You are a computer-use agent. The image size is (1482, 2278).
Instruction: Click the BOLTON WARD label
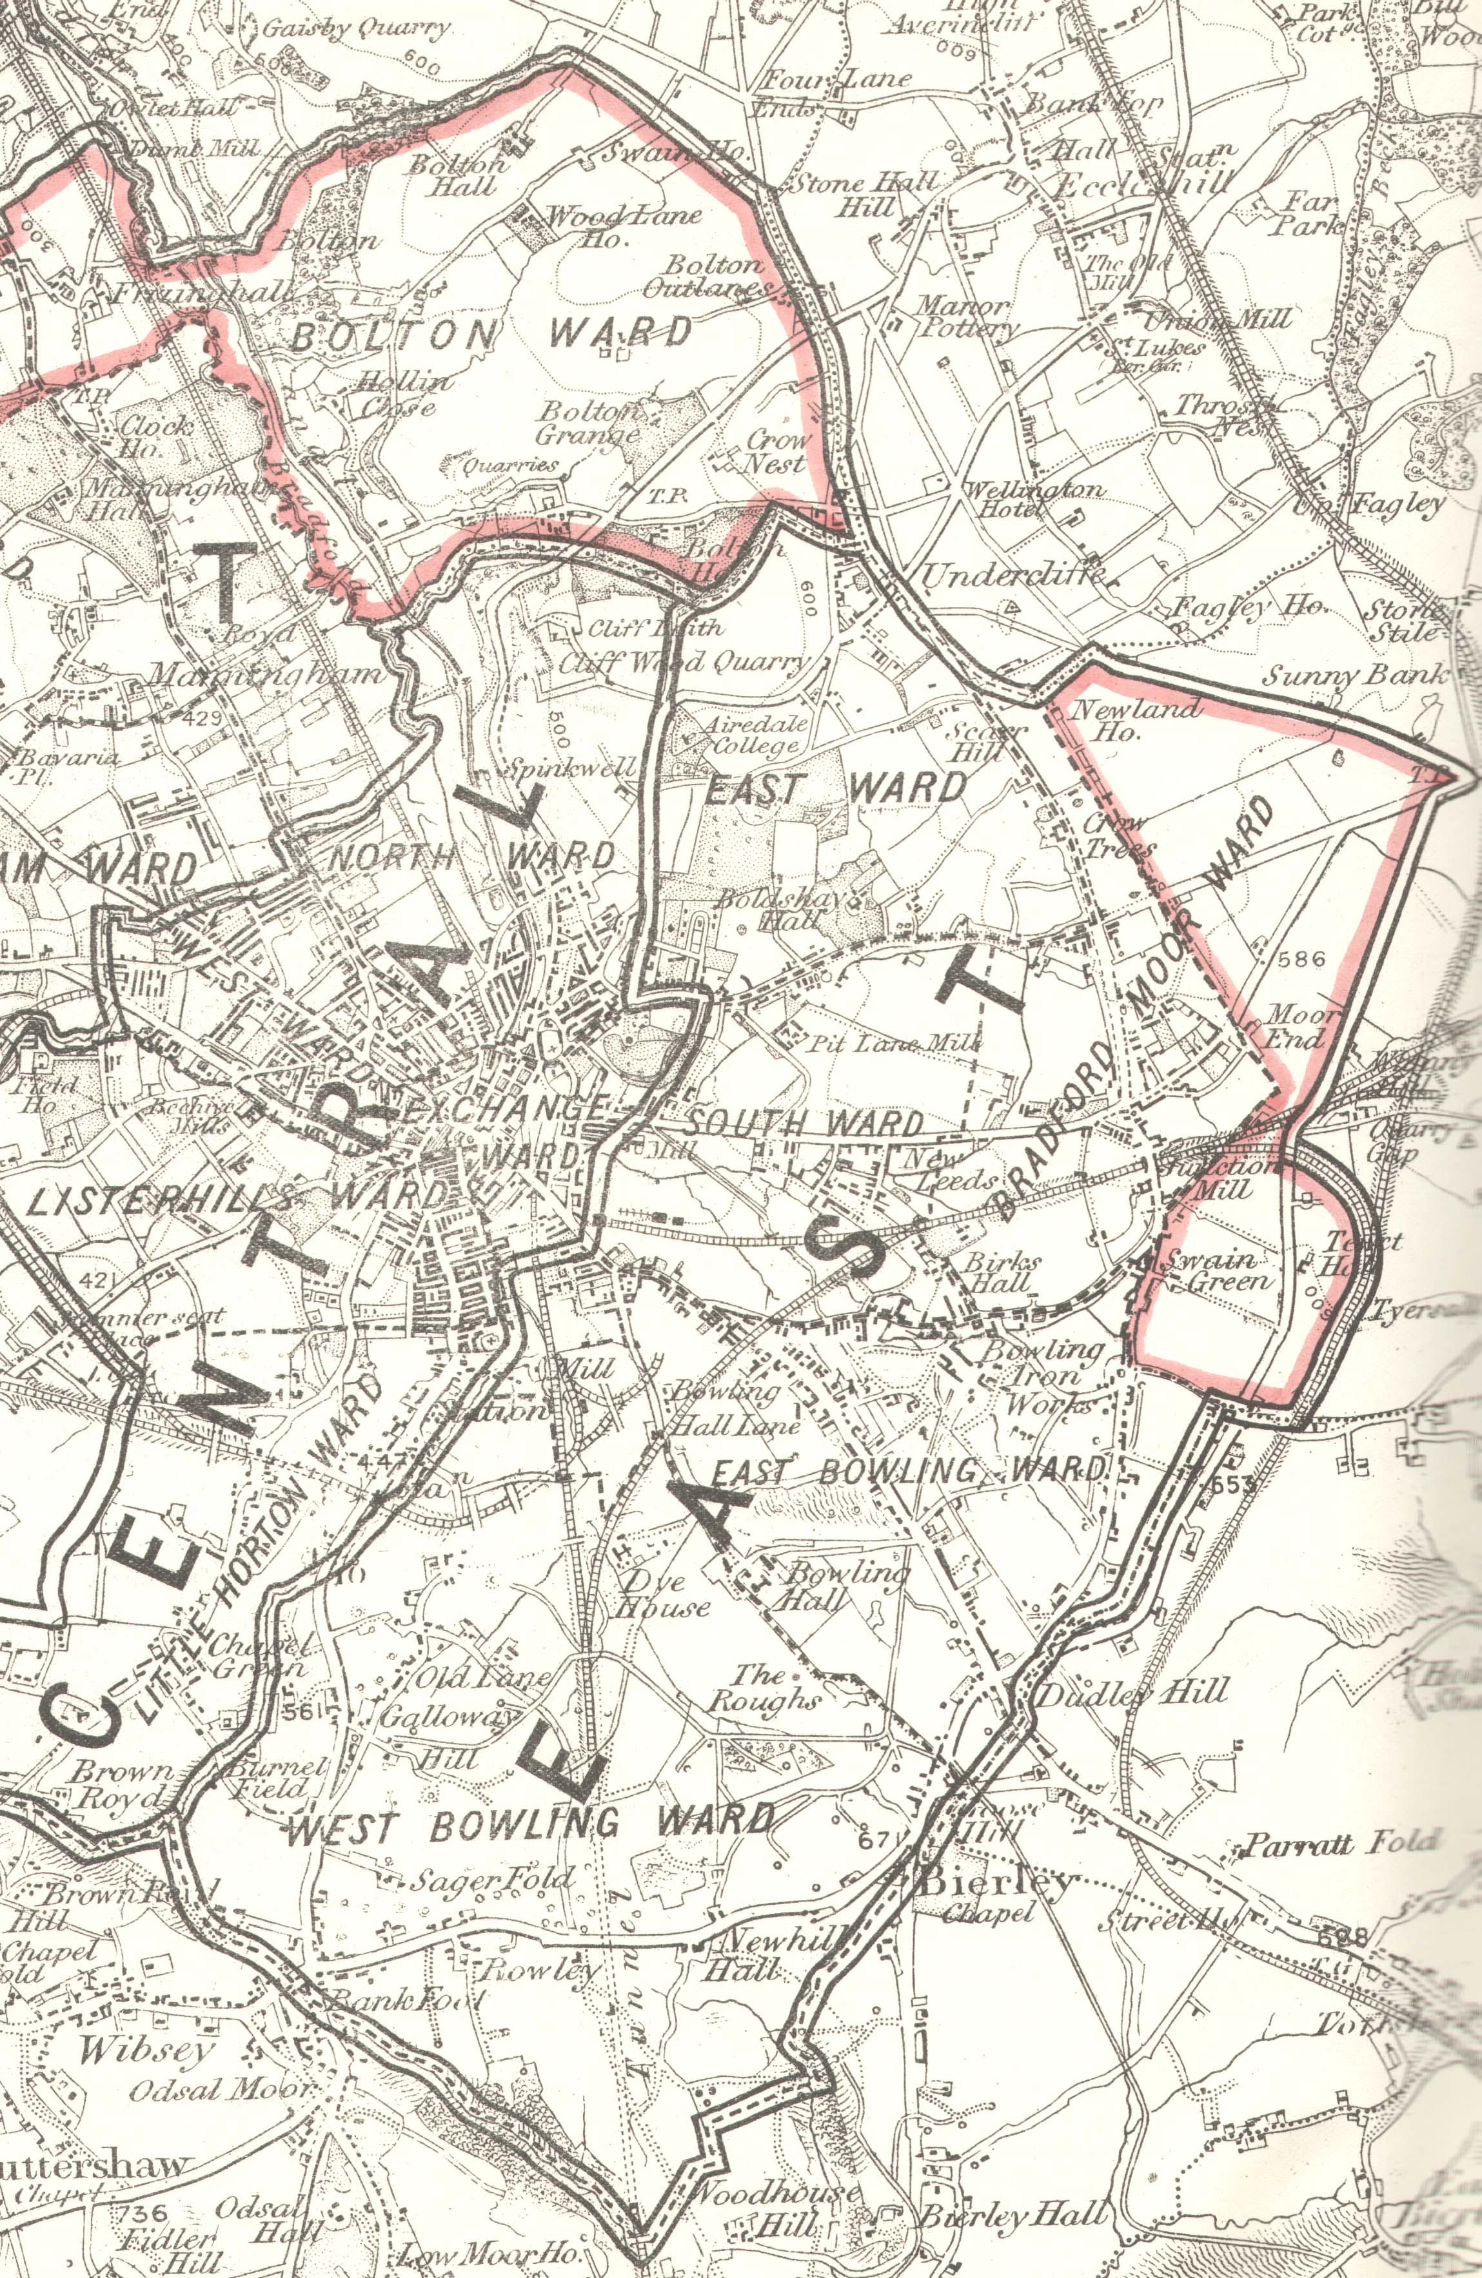[x=491, y=334]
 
